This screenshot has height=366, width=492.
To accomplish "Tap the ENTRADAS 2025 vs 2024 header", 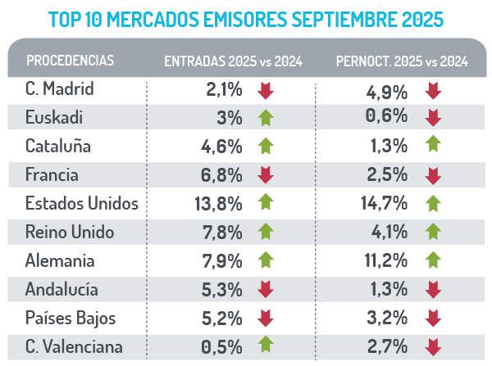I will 233,61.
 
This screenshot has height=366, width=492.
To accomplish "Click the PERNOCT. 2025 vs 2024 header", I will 403,61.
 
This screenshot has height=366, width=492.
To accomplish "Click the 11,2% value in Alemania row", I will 386,261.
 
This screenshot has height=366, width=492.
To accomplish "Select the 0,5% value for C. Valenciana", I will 222,347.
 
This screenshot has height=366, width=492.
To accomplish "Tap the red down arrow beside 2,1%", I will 264,89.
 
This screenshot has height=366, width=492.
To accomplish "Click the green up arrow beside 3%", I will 264,118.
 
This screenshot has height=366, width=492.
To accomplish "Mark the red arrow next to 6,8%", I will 264,175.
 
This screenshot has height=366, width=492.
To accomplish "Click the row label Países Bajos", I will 71,319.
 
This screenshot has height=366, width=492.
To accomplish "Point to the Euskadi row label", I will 53,118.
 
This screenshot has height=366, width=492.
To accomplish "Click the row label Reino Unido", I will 69,233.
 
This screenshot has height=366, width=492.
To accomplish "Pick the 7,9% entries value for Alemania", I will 222,261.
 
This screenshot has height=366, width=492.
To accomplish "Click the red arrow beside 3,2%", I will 434,319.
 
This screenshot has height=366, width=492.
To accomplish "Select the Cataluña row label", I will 58,147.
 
